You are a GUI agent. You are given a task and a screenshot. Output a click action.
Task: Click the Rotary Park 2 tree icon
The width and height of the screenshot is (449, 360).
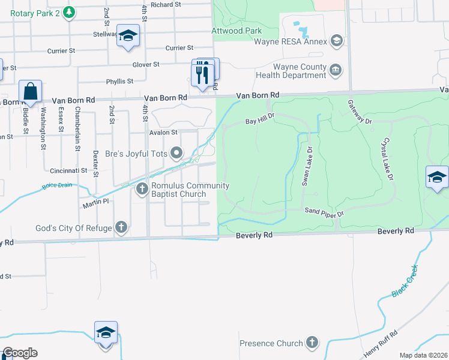coord(69,12)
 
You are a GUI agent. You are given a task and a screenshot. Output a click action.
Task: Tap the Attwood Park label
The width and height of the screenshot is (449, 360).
coord(237,31)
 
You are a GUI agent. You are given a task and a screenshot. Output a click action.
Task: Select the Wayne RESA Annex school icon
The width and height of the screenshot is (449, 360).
coord(337,41)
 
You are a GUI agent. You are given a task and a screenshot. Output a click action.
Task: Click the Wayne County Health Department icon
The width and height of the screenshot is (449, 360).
coord(336,71)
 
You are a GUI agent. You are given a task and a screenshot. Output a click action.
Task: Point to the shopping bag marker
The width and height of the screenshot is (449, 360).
coord(30,92)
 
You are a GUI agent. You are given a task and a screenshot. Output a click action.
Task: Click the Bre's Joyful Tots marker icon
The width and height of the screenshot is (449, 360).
coord(176,154)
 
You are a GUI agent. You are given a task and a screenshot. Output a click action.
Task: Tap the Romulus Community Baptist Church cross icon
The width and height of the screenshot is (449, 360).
coord(142,190)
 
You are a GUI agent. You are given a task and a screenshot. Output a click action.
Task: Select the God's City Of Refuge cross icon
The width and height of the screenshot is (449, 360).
coord(121,227)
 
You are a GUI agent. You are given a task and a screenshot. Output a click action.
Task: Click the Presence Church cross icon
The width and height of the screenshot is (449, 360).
coord(312,343)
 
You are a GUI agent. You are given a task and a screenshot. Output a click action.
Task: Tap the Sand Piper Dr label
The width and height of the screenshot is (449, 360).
coord(324,212)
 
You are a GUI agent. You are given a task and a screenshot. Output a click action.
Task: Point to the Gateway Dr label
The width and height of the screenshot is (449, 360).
coord(360,112)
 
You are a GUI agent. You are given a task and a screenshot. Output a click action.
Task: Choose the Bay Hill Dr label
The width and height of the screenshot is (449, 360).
coord(259,118)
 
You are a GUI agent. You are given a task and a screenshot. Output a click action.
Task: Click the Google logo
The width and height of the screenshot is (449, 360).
coord(19,353)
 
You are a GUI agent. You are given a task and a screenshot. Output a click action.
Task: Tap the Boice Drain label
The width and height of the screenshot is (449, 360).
coord(57,185)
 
